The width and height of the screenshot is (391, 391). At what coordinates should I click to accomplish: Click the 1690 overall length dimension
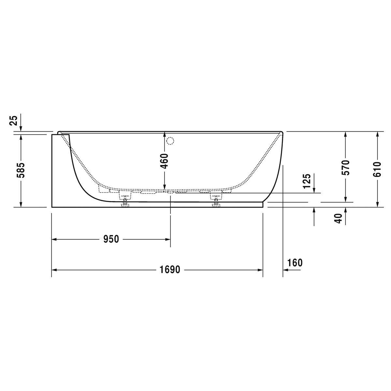(170, 270)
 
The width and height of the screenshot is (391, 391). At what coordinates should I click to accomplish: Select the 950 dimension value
(111, 239)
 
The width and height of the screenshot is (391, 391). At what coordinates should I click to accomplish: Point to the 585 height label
(21, 170)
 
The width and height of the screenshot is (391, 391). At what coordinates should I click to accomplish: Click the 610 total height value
(377, 169)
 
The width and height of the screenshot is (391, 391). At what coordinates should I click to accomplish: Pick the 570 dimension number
(346, 167)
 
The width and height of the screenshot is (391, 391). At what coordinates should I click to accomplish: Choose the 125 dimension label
(307, 181)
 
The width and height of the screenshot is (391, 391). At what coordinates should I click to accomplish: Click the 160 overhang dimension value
(295, 263)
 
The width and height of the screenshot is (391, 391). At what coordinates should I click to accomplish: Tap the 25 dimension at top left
(14, 121)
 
